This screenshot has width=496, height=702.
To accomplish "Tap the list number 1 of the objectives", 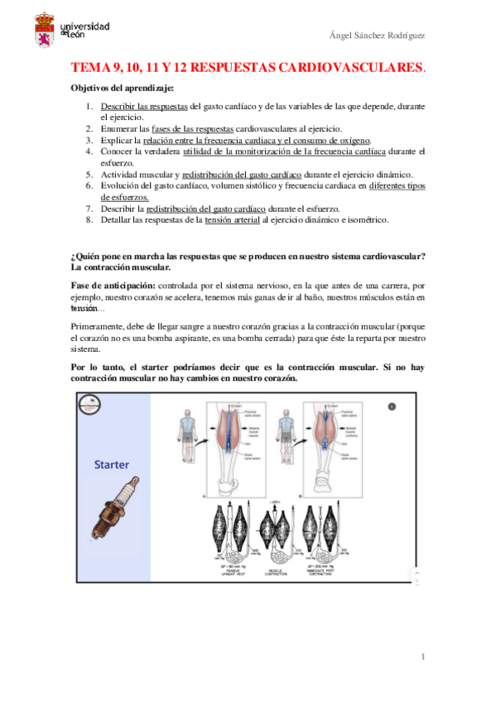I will tap(89, 107).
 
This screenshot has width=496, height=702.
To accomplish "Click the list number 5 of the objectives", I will tap(89, 175).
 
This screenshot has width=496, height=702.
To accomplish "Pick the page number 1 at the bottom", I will tap(421, 656).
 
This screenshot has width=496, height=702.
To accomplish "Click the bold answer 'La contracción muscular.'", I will tap(121, 267).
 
